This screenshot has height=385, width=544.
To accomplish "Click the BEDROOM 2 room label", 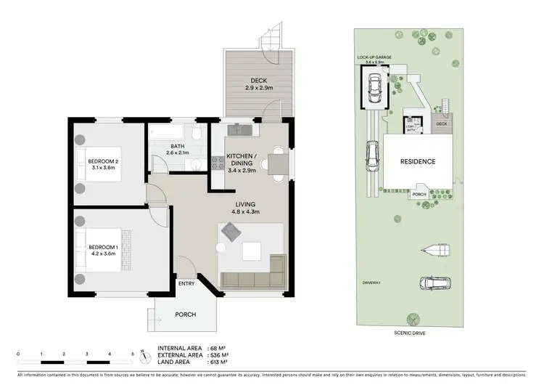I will [x=103, y=161].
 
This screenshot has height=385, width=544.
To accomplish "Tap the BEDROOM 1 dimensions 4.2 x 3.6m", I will [x=103, y=255].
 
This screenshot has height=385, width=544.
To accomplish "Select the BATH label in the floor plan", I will [x=177, y=145].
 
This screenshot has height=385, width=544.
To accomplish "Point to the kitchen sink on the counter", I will [x=239, y=129].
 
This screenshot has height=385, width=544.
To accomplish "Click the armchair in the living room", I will [x=231, y=232].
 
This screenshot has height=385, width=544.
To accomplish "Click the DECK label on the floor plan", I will [x=260, y=81].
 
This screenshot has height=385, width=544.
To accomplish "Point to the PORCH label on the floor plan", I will [x=186, y=315].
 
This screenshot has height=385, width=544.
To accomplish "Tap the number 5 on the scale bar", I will [x=133, y=354].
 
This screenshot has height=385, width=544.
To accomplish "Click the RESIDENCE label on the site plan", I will [x=419, y=162].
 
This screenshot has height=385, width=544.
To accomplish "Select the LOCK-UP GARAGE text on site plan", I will [x=373, y=56].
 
